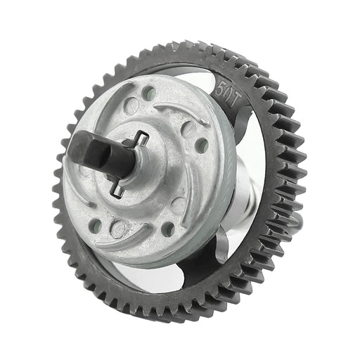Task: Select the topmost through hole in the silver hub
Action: [x=149, y=92]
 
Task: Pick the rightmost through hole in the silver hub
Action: [x=201, y=146]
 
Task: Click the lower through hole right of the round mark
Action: [x=167, y=229]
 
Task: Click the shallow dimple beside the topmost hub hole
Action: [x=131, y=107]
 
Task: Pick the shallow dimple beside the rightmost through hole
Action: [x=188, y=130]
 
